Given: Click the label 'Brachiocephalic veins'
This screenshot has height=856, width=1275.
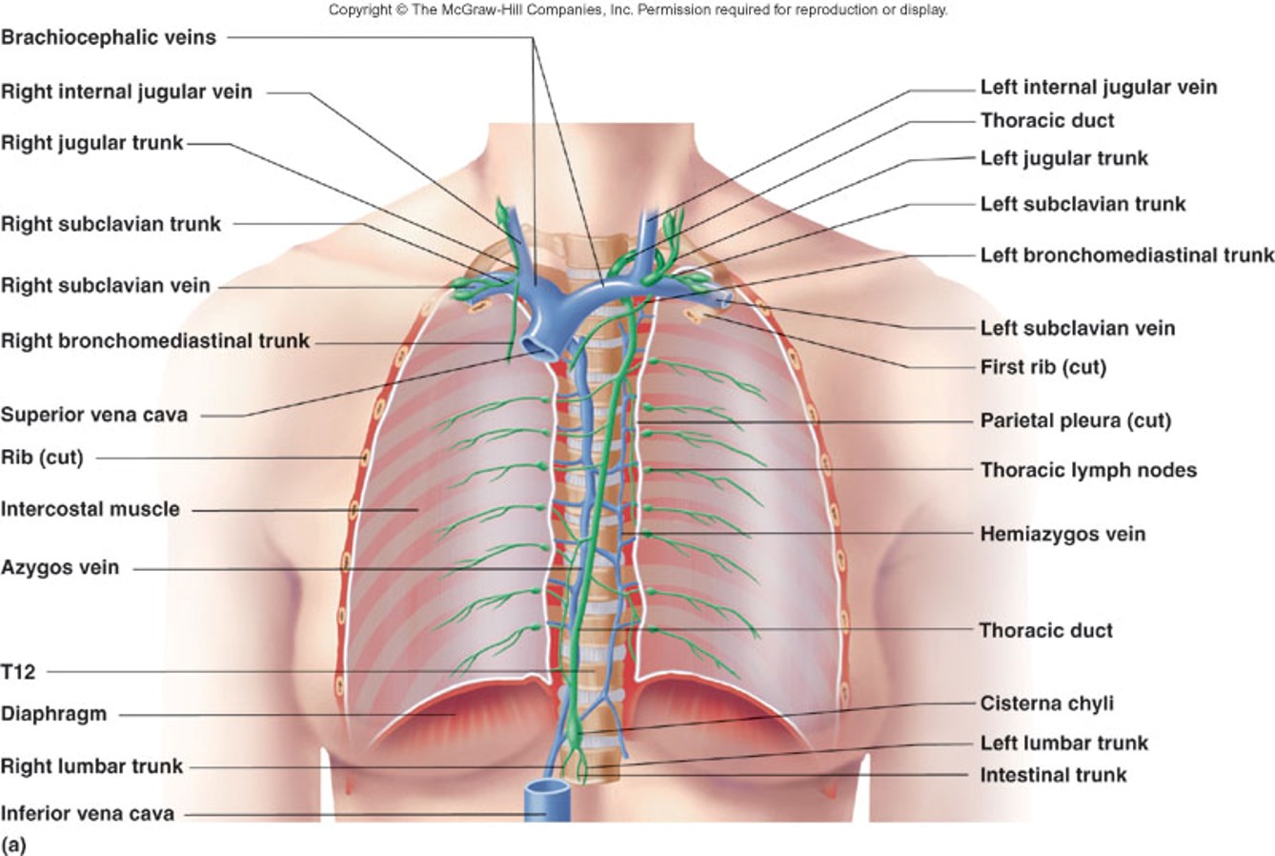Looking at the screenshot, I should [x=109, y=38].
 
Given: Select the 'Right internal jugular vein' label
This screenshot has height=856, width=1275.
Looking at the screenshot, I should [x=127, y=92].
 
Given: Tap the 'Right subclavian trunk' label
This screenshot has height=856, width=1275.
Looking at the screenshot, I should [x=111, y=225].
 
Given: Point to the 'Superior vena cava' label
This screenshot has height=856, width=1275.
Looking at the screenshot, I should [x=94, y=415].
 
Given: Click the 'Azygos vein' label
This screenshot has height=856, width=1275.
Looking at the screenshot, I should [x=60, y=567].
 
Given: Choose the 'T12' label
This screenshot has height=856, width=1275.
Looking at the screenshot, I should [x=18, y=672].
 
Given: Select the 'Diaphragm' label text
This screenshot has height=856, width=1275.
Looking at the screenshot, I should [x=53, y=714].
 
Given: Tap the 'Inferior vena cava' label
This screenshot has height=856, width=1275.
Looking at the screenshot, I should [x=88, y=814].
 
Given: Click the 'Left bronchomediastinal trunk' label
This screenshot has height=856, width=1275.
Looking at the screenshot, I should [x=1126, y=255].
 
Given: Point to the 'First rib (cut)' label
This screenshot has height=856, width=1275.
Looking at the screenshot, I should [x=1042, y=367].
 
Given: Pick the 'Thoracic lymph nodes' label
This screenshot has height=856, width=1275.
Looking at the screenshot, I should [x=1088, y=470].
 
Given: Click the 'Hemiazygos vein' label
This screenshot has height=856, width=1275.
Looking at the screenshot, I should [x=1062, y=534].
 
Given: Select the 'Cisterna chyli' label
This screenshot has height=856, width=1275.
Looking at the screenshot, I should [x=1046, y=703].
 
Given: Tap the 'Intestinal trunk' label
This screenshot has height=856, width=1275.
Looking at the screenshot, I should [x=1053, y=775].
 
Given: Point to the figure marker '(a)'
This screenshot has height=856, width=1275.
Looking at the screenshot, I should [x=13, y=844].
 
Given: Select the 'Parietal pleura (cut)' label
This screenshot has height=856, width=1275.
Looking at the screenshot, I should [x=1075, y=420].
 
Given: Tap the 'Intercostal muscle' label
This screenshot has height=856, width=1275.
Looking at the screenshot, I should [x=90, y=509].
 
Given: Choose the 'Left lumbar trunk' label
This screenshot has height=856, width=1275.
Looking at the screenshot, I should [x=1063, y=743].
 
